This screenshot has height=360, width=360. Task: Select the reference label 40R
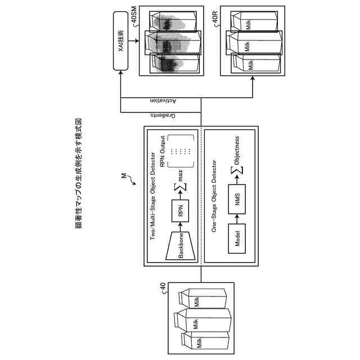click(x=215, y=15)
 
